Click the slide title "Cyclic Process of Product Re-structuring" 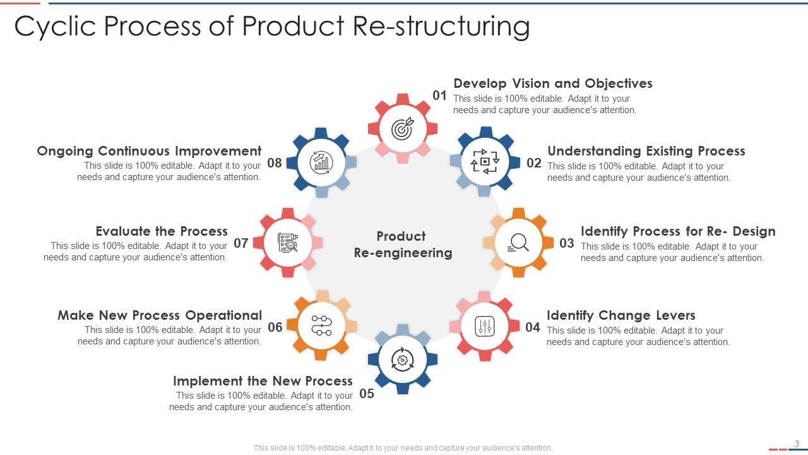(x=271, y=27)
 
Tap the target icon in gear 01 (x=403, y=128)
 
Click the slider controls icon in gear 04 (x=484, y=326)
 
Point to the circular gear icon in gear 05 (x=403, y=360)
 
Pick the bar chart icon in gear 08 (x=321, y=162)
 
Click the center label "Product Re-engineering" (x=403, y=245)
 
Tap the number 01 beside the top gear (x=439, y=95)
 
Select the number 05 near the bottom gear (x=367, y=394)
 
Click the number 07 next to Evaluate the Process (x=241, y=243)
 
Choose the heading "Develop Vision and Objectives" (x=553, y=83)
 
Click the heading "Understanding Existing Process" (x=646, y=151)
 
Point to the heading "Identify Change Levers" (x=621, y=315)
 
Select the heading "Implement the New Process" (x=263, y=381)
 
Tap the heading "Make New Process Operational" (x=160, y=315)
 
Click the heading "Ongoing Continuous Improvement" (x=149, y=151)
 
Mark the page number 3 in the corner (x=797, y=444)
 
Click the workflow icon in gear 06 (x=321, y=326)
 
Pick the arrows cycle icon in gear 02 (x=485, y=162)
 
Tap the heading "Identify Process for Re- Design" (x=678, y=231)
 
